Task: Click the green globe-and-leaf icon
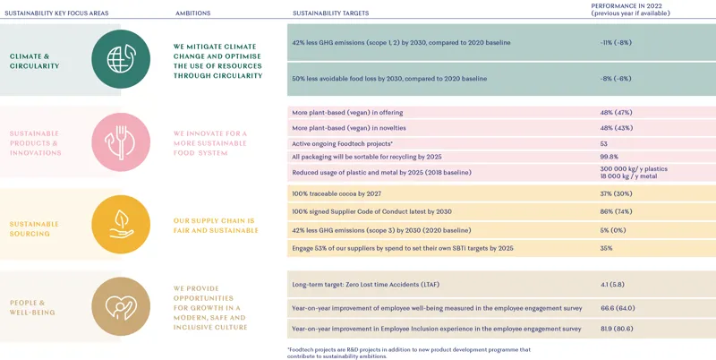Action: [x=121, y=59]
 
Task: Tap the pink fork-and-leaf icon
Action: [x=121, y=141]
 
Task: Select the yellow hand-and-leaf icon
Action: [x=121, y=224]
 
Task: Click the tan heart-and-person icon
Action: [x=121, y=306]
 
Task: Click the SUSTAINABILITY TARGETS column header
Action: [x=330, y=13]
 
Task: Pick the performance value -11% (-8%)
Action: [x=616, y=42]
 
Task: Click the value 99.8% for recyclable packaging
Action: [x=610, y=157]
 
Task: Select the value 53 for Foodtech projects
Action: [x=604, y=143]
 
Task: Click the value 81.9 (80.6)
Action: [x=618, y=329]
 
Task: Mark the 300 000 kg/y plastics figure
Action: [x=634, y=168]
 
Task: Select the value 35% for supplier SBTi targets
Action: [x=606, y=248]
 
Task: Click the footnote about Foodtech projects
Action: [x=409, y=353]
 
